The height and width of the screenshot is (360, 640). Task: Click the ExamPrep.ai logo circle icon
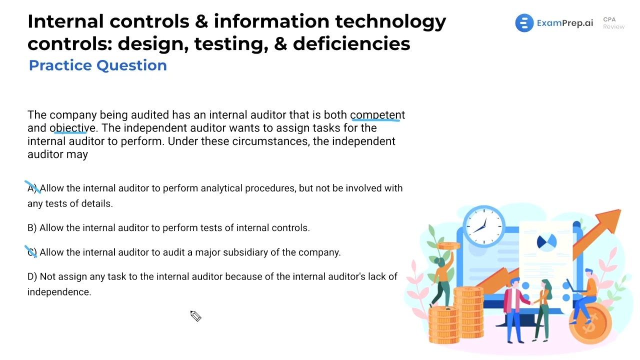[x=524, y=23]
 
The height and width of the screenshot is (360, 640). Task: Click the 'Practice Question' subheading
[x=98, y=65]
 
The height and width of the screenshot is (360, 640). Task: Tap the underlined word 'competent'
[x=377, y=115]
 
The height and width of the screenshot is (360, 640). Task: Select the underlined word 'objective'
[x=72, y=128]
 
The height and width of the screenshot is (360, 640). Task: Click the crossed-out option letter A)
[x=32, y=188]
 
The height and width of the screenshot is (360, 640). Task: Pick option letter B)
[x=32, y=228]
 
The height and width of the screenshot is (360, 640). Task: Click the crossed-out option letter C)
[x=32, y=252]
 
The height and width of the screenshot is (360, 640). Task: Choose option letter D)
[x=32, y=276]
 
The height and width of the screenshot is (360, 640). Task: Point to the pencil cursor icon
[x=195, y=316]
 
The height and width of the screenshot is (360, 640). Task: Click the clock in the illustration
[x=483, y=226]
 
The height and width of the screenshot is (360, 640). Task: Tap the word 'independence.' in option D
[x=59, y=292]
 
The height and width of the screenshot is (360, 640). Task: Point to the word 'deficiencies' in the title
[x=351, y=44]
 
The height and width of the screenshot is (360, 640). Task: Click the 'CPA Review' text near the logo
[x=613, y=23]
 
